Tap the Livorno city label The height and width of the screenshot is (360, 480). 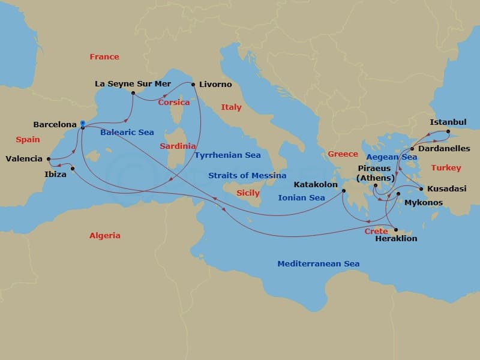[216, 85]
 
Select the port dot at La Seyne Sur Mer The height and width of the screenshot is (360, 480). [133, 93]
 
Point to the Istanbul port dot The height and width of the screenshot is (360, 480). [448, 131]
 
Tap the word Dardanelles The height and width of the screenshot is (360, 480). [443, 148]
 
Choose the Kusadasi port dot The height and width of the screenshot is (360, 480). [421, 190]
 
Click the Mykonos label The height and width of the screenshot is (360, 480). [424, 203]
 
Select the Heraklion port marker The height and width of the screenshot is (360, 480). [395, 230]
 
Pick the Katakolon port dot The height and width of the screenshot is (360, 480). [344, 191]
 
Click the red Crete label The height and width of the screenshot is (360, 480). [376, 231]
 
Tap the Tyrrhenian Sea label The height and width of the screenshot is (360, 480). [227, 155]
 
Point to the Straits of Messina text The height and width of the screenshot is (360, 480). [247, 175]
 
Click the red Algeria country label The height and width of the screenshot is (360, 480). [104, 235]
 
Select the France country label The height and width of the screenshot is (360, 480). [104, 57]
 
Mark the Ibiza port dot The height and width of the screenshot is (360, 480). [72, 168]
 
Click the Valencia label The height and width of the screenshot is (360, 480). [23, 159]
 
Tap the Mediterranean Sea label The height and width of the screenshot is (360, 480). [318, 263]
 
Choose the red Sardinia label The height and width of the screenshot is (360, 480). [178, 146]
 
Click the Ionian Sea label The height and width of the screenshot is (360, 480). [301, 197]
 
